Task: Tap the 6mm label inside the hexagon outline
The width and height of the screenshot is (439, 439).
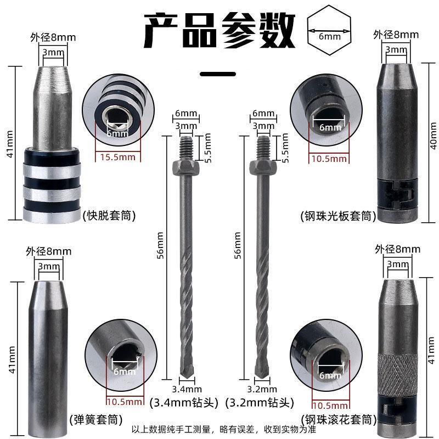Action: [330, 36]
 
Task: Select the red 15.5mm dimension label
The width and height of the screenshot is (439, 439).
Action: [117, 157]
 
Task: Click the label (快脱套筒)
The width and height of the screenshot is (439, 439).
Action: [109, 216]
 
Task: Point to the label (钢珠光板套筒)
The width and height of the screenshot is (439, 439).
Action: [338, 216]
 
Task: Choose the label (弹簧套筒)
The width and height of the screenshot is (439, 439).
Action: [96, 420]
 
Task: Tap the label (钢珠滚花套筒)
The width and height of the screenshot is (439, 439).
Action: [339, 420]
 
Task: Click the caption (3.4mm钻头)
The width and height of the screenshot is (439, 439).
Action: [184, 403]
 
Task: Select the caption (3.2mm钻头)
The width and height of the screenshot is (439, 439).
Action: [260, 403]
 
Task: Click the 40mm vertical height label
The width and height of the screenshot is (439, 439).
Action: [433, 136]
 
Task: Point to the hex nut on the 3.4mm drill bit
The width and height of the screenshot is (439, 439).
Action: [185, 168]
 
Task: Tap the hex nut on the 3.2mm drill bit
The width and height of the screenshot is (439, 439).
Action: [263, 168]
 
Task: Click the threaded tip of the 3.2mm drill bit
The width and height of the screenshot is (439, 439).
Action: [263, 148]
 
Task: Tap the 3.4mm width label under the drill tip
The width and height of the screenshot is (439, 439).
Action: [187, 389]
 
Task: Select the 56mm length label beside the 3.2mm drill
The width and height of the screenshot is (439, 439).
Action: [238, 245]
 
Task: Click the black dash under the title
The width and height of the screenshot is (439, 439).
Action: [218, 74]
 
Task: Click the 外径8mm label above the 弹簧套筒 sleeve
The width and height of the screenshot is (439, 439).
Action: [49, 251]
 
